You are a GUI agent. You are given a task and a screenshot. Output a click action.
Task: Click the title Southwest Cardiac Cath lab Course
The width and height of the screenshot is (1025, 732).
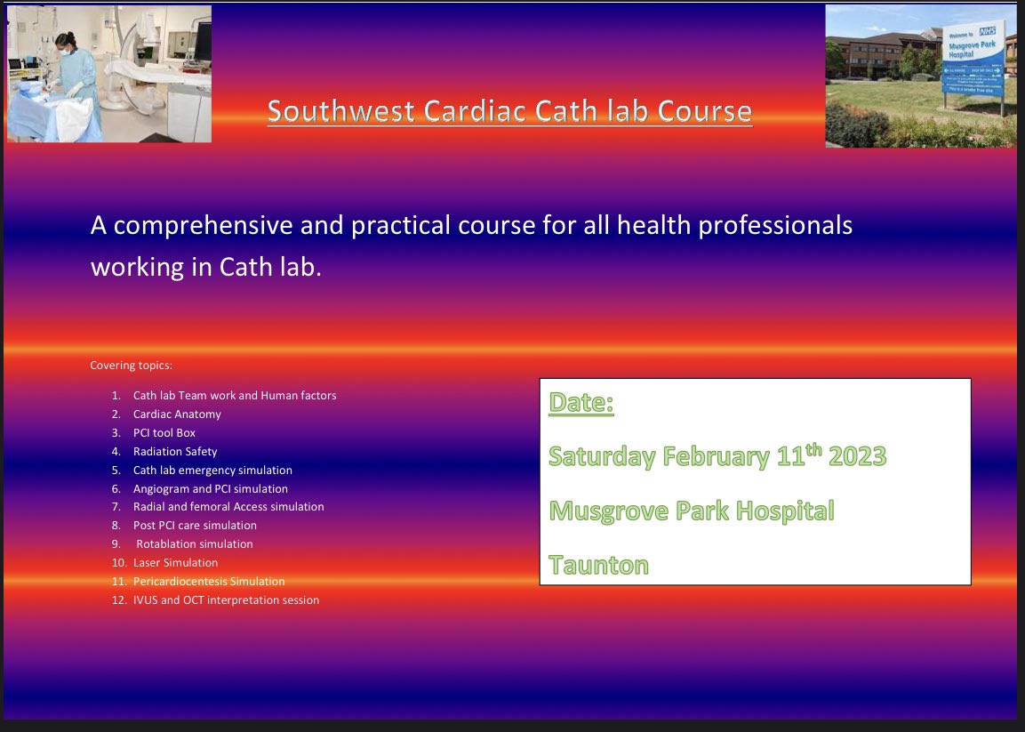(x=509, y=111)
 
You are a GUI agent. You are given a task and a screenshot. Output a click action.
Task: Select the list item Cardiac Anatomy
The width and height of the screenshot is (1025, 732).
(x=177, y=414)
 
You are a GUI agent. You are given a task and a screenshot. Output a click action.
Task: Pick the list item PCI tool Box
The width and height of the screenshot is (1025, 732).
(x=164, y=432)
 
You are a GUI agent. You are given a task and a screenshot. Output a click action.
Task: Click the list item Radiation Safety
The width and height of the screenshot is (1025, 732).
(x=175, y=451)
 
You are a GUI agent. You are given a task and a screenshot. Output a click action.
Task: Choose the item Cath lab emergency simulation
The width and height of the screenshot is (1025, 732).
(x=212, y=470)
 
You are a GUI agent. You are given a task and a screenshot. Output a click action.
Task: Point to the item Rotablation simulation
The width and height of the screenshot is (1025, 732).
(x=194, y=543)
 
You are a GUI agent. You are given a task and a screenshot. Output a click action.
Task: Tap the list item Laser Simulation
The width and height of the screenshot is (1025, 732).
(x=175, y=562)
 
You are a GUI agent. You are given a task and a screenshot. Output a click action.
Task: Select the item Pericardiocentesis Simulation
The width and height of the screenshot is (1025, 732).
(x=209, y=581)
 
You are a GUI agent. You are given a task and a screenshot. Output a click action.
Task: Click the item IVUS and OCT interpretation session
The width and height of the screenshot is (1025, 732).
(x=226, y=599)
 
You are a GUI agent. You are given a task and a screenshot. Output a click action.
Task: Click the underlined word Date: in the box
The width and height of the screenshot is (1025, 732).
(x=581, y=403)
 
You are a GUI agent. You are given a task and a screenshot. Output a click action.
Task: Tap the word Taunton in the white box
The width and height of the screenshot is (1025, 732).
(x=598, y=565)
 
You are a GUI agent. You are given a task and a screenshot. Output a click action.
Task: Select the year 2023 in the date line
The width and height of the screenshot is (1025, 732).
(x=857, y=456)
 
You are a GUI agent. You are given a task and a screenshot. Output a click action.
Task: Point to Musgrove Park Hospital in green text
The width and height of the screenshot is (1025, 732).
(x=692, y=511)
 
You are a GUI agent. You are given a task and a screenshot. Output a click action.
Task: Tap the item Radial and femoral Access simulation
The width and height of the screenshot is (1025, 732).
(x=228, y=506)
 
